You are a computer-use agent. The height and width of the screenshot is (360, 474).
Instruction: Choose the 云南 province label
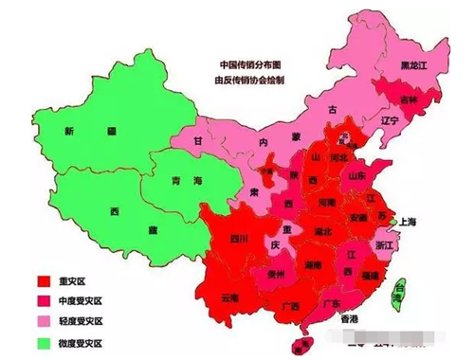click(x=230, y=297)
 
